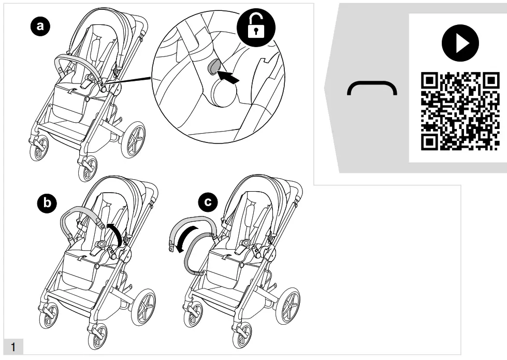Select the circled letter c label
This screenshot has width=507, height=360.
208,203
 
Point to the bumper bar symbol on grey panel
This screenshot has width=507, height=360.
372,89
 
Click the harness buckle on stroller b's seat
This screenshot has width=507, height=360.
101,243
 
